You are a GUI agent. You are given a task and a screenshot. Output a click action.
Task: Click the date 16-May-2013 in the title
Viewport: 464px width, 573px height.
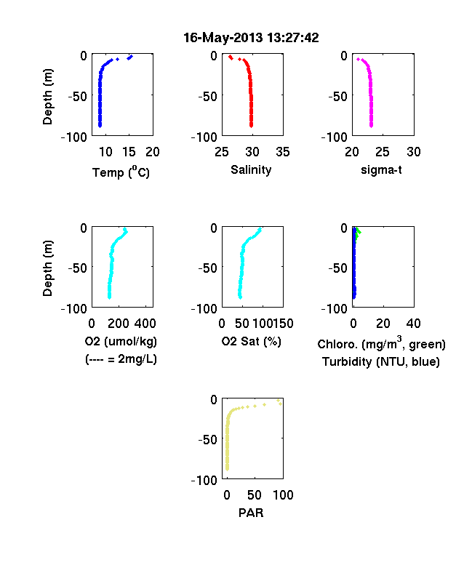click(223, 37)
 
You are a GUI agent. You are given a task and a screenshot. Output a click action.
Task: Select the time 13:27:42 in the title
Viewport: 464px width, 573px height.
click(292, 37)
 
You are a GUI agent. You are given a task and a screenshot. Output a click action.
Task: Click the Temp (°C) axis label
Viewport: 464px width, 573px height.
click(121, 172)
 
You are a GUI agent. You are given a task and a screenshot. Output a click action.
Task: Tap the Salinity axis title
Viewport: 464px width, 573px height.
click(251, 170)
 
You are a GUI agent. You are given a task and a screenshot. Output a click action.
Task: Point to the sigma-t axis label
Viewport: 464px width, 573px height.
click(381, 170)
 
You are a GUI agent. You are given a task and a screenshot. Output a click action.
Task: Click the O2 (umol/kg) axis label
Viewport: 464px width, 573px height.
click(121, 341)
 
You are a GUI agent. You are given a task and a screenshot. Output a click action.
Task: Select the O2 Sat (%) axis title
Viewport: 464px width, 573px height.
click(251, 341)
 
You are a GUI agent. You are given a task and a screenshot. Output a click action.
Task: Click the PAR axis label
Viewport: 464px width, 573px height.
click(251, 513)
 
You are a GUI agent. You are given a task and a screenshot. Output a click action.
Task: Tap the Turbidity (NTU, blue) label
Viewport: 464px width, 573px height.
click(381, 362)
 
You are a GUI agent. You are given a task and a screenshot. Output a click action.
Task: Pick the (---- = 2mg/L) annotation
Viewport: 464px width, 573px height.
click(121, 359)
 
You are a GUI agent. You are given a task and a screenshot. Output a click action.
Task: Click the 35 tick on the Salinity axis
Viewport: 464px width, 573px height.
click(283, 152)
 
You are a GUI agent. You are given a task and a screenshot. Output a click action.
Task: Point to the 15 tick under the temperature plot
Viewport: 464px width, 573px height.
click(129, 152)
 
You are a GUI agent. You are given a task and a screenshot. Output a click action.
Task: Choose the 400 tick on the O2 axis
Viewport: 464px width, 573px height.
click(145, 324)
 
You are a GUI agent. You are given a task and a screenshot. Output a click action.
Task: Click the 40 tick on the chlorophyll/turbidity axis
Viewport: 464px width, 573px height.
click(413, 324)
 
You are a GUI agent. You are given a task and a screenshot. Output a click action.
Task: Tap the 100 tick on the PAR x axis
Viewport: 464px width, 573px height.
click(283, 495)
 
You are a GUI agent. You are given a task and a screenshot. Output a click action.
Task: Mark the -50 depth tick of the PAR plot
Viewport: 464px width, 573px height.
click(207, 440)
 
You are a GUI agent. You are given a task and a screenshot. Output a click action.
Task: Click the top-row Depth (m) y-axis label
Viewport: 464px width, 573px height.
click(47, 97)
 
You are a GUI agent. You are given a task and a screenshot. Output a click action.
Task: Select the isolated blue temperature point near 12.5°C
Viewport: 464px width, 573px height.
click(117, 59)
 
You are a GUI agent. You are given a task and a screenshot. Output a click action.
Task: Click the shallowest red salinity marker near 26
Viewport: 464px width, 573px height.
click(230, 56)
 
